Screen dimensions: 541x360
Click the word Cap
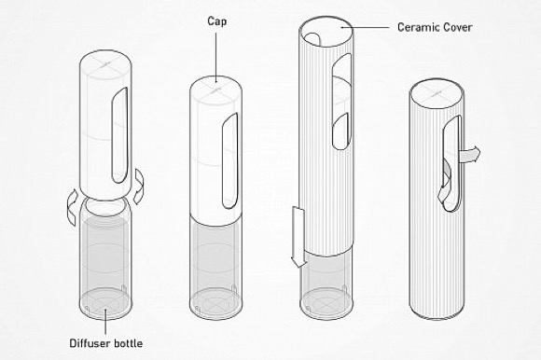click(217, 21)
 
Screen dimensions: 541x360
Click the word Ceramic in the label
click(415, 27)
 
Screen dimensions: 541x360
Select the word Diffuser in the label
click(89, 343)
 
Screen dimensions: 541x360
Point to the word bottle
click(127, 343)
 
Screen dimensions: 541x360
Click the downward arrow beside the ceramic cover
click(298, 237)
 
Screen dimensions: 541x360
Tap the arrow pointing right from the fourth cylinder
click(469, 155)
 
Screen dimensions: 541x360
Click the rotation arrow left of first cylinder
click(73, 209)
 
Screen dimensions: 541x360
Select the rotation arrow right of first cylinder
click(139, 187)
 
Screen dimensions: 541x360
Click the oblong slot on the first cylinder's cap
click(119, 135)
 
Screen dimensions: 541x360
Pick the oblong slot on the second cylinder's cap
click(229, 161)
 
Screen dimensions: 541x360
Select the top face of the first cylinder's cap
click(105, 64)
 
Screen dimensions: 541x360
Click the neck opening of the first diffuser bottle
click(105, 207)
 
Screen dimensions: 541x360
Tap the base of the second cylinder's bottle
click(216, 304)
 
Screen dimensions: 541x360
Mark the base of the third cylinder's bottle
click(326, 304)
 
